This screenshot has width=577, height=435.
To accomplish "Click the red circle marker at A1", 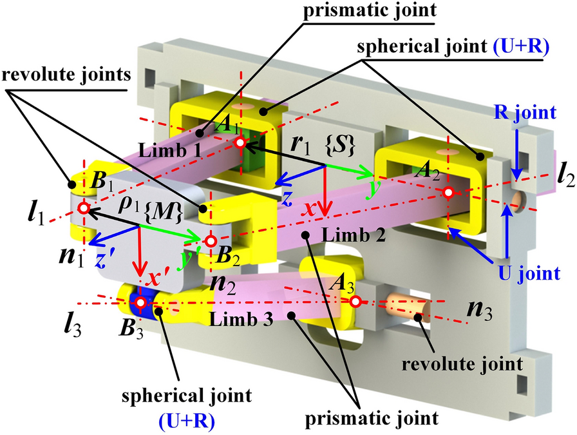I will tap(240, 144).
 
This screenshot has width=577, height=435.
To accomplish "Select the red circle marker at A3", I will tap(354, 300).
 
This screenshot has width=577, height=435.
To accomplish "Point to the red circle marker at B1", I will tap(83, 208).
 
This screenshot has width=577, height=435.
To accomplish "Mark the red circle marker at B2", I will tap(210, 241).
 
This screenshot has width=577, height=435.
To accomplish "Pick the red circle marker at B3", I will tap(142, 302).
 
